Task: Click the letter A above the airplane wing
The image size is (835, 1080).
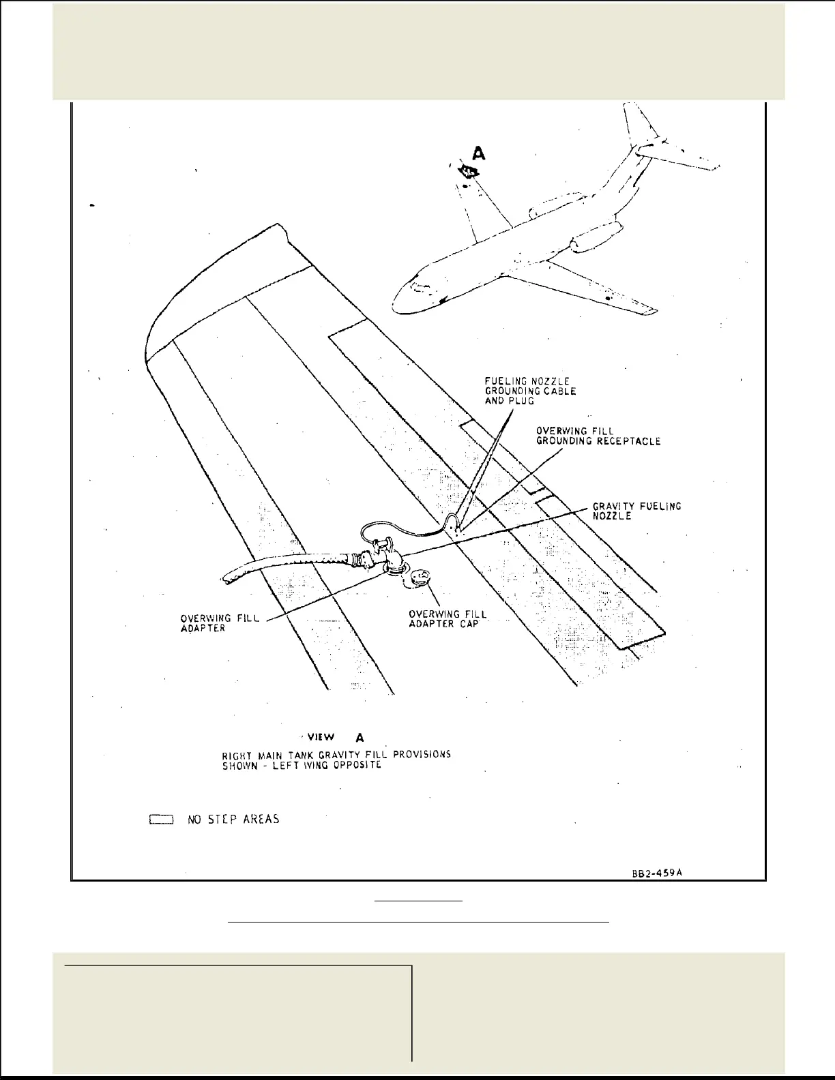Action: [480, 153]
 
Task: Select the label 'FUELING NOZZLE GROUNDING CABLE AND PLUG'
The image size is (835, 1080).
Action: [530, 391]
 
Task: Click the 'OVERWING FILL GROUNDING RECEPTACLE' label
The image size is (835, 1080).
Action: [598, 436]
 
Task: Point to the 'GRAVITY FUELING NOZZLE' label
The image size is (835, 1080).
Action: [636, 511]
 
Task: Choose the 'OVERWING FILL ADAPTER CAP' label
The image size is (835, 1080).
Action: [448, 619]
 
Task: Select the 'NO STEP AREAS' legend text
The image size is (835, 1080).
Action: [233, 819]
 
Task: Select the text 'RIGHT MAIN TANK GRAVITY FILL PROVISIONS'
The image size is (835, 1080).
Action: [336, 755]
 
